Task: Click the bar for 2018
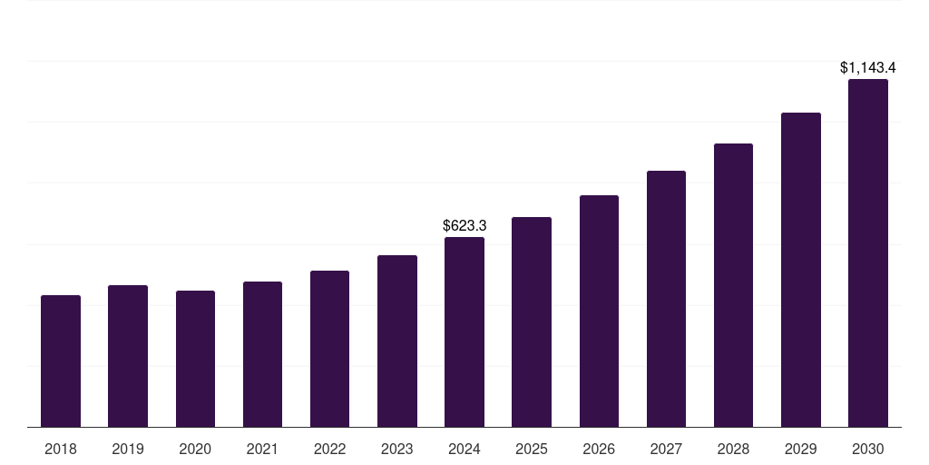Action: (61, 361)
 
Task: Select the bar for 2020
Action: (195, 359)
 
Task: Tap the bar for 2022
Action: (329, 349)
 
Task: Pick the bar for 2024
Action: (464, 332)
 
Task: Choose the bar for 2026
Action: (599, 312)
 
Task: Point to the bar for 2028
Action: (733, 285)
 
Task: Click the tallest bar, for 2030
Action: (868, 253)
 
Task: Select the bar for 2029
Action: (801, 270)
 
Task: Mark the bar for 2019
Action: (128, 356)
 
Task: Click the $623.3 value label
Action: (464, 225)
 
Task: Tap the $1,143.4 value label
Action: (868, 67)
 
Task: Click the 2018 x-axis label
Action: (61, 449)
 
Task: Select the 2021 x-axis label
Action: (262, 449)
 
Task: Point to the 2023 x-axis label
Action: (397, 449)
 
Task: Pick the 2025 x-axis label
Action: (532, 449)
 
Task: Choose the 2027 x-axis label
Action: (666, 449)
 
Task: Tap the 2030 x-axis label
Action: (868, 449)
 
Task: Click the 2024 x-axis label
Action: (464, 449)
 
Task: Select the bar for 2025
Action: (532, 322)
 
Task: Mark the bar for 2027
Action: (666, 299)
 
